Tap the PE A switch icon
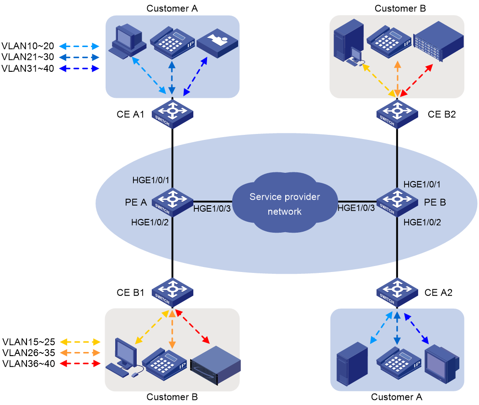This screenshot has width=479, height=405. tap(173, 202)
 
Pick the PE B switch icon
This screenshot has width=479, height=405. tap(397, 202)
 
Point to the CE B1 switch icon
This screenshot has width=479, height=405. tap(173, 292)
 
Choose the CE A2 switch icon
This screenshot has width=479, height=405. tap(397, 292)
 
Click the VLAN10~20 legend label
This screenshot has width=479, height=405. tap(28, 46)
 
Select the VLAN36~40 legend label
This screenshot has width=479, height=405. tap(29, 364)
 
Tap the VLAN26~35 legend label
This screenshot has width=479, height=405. tap(29, 353)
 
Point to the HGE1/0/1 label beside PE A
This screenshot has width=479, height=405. tap(151, 180)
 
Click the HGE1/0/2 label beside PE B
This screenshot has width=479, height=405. tap(422, 222)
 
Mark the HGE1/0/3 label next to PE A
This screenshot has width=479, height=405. tap(212, 208)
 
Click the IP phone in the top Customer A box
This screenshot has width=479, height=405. tap(173, 43)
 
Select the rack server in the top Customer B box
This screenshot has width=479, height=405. tap(438, 41)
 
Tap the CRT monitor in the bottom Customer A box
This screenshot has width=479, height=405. tap(442, 364)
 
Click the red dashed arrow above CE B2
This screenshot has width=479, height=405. tap(416, 80)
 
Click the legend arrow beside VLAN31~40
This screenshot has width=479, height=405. tap(79, 69)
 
